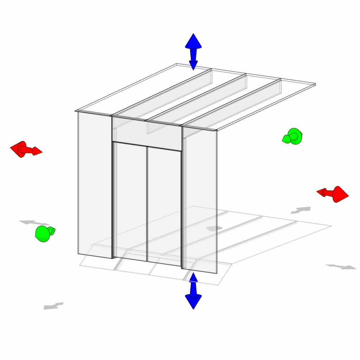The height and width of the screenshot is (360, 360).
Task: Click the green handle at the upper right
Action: pos(293,136)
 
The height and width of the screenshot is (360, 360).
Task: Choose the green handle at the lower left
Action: pos(44,233)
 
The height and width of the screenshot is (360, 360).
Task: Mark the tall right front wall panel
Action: pos(200,200)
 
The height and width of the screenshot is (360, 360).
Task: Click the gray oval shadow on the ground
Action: pos(214,229)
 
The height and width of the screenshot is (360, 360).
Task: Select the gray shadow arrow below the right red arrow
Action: pos(301,210)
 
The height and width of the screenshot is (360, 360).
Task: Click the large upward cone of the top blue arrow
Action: pos(193,41)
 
